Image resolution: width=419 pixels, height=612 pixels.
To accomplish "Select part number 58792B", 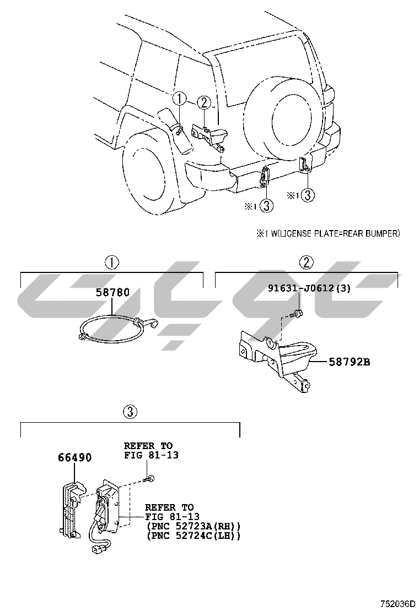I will (350, 362).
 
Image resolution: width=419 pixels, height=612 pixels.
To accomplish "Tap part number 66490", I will (74, 457).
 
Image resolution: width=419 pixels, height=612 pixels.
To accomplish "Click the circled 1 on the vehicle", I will (180, 100).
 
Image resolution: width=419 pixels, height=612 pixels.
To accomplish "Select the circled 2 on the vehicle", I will (203, 102).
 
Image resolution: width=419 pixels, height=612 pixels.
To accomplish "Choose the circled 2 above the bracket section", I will (307, 262).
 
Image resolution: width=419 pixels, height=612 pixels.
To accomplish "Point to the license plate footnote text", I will (327, 233).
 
